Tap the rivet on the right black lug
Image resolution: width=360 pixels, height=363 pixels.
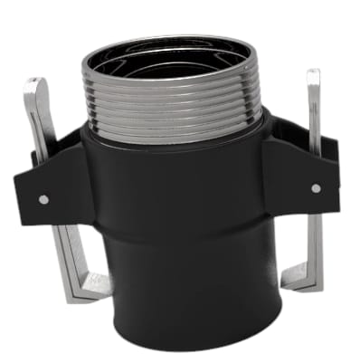pos(315,188)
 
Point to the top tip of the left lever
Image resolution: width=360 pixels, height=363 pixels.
pos(30,82)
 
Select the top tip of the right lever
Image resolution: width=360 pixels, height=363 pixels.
pos(314,72)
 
